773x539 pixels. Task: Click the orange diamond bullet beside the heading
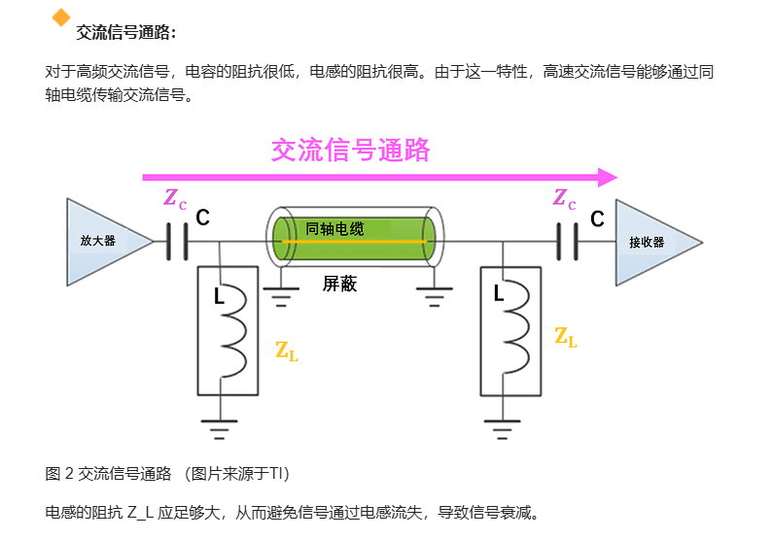coord(62,17)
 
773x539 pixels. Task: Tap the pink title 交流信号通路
coord(350,150)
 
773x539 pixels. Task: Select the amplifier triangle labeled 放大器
coord(103,242)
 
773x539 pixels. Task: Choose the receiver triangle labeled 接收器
coord(651,242)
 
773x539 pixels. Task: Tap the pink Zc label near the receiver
coord(564,200)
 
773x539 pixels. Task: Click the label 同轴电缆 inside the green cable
coord(334,229)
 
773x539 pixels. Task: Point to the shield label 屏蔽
coord(339,284)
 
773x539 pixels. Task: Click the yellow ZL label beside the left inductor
coord(286,352)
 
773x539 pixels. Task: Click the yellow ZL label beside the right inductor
coord(566,338)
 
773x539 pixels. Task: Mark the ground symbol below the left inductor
coord(220,425)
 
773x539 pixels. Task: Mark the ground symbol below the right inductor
coord(501,425)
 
